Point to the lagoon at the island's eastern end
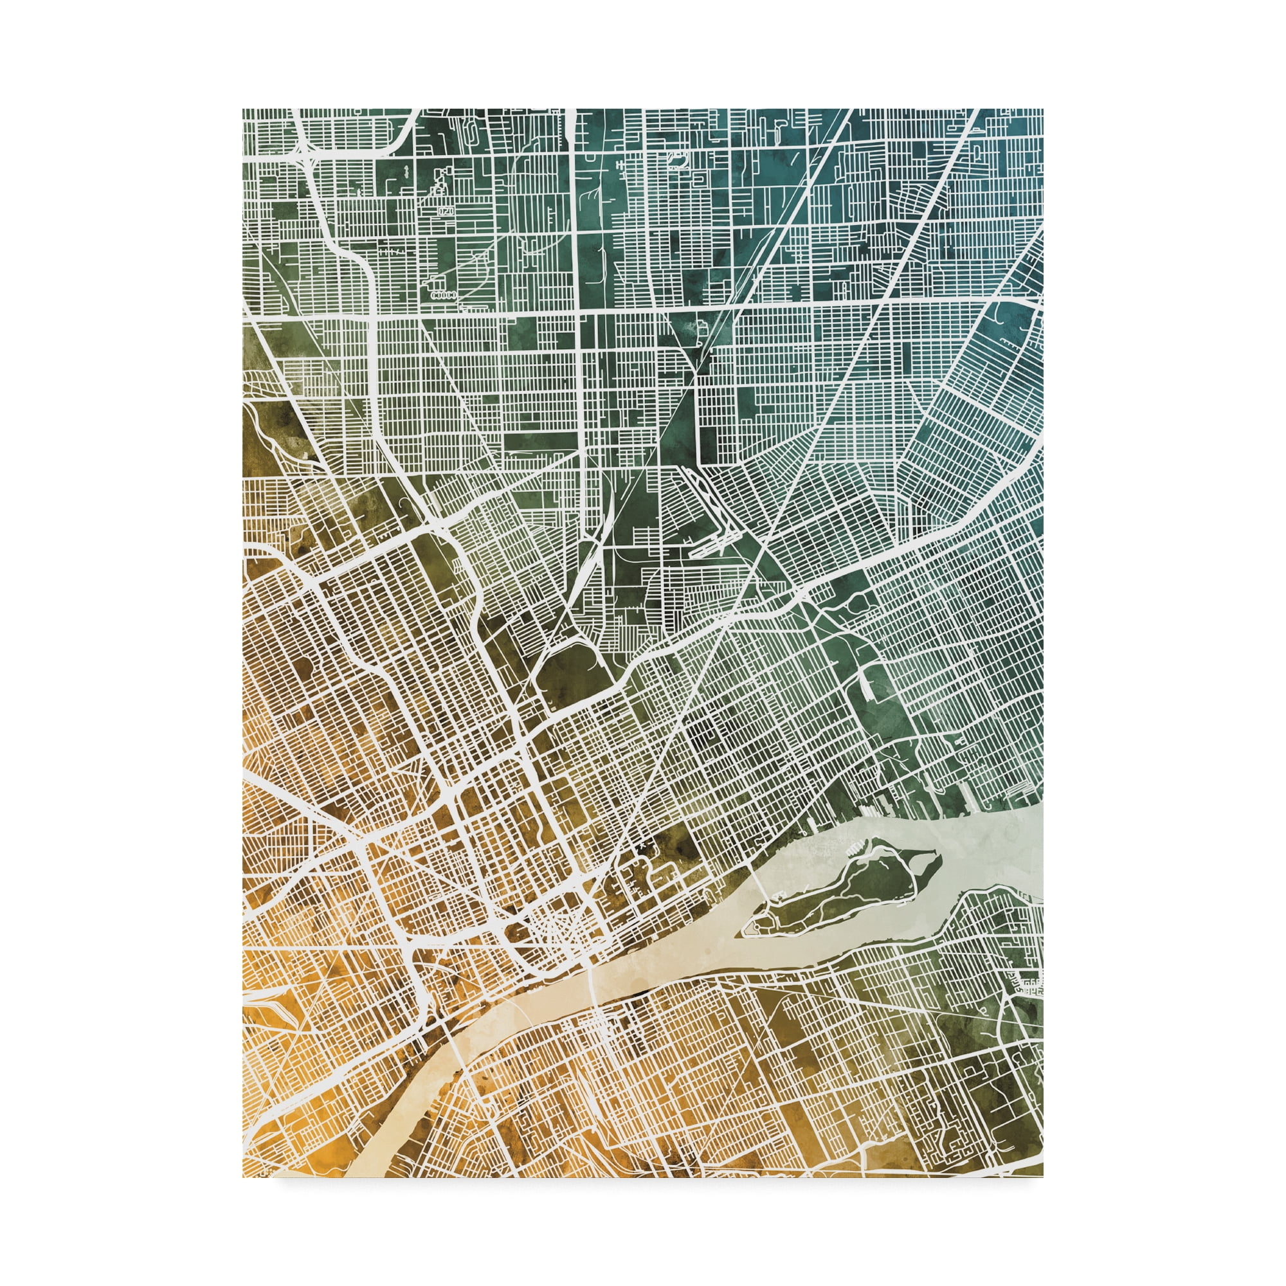pyautogui.click(x=925, y=865)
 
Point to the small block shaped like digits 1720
pyautogui.click(x=446, y=211)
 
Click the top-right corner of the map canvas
pyautogui.click(x=1042, y=109)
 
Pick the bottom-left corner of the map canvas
pyautogui.click(x=243, y=1176)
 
